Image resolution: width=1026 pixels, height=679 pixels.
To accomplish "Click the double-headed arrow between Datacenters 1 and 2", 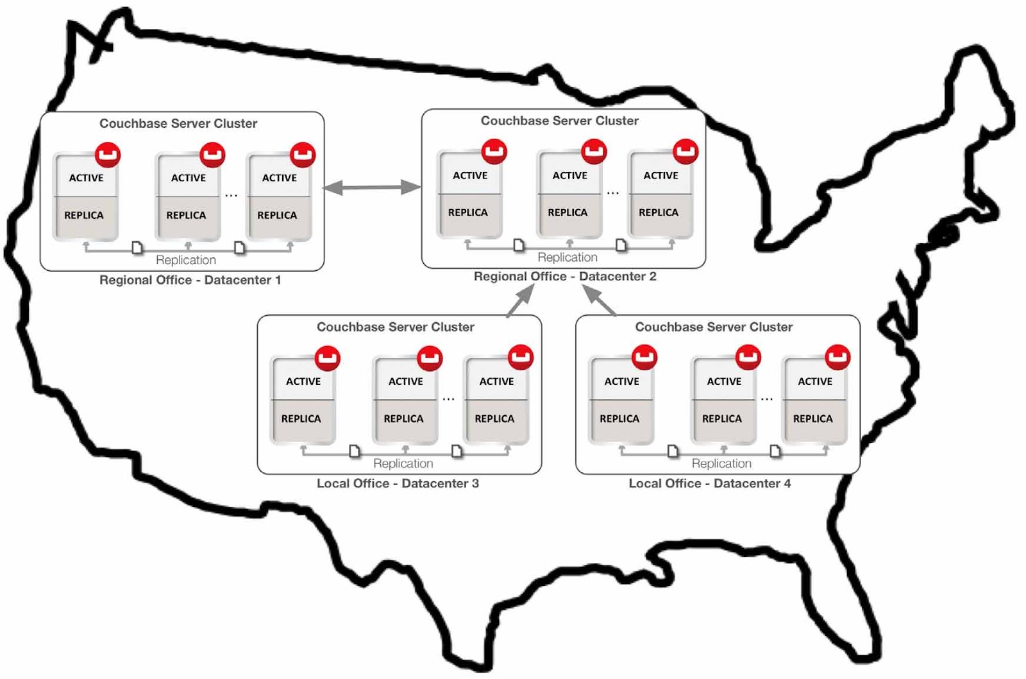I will coord(372,187).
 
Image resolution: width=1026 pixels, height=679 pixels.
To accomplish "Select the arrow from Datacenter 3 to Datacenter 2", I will coord(520,301).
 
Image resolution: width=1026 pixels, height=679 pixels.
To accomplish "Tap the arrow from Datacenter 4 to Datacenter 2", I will coord(599,300).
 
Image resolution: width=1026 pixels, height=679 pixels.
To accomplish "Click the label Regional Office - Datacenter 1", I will coord(190,280).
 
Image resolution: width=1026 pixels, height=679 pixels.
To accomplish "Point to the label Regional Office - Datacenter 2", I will coord(564,277).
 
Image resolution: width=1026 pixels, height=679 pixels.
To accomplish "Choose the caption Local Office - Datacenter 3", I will coord(398,483).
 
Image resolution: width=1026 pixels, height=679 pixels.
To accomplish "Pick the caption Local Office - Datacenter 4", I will coord(709,483).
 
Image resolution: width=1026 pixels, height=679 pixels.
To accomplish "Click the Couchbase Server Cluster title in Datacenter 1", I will coord(178,123).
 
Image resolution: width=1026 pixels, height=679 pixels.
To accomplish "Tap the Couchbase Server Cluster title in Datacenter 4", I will coord(714,327).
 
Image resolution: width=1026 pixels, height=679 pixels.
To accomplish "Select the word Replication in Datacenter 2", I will coord(568,257).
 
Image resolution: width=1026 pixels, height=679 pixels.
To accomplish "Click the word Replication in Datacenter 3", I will coord(403,463).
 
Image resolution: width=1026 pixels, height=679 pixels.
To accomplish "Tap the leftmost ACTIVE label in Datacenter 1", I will coord(87,178).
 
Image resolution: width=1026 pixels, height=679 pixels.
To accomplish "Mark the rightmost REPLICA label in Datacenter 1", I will coord(277,215).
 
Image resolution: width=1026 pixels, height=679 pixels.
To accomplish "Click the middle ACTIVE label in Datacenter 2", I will coord(570,175).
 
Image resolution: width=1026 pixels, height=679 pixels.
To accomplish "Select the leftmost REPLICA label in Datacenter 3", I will coord(301,418).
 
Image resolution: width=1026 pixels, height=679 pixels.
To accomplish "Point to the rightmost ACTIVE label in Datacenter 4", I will coord(815,381).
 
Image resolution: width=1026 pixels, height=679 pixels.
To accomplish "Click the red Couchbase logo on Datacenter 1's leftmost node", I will coord(108,155).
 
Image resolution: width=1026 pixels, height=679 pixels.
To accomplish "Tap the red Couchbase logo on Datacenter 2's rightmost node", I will coord(685,151).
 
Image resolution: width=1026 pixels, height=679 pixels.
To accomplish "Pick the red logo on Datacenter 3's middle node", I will coord(430,357).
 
